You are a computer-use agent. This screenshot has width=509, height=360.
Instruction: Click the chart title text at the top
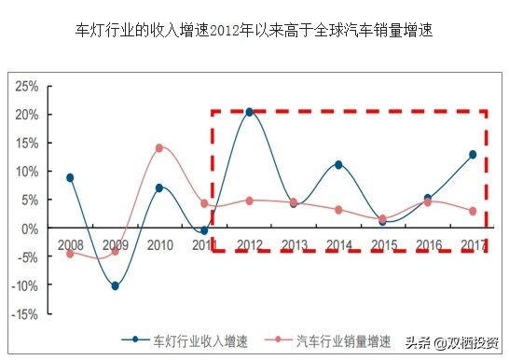(x=254, y=30)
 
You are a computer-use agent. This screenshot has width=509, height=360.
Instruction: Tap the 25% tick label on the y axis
(x=26, y=86)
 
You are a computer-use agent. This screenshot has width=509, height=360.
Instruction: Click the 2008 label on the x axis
(x=70, y=244)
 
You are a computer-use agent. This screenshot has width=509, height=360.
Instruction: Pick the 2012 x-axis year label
(x=250, y=244)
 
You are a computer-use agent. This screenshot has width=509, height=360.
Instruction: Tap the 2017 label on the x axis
(x=473, y=244)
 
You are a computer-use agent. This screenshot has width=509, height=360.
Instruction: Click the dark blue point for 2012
(x=249, y=112)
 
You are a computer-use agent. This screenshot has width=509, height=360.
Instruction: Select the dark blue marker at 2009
(x=115, y=285)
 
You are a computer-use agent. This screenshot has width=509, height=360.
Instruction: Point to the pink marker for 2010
(x=159, y=147)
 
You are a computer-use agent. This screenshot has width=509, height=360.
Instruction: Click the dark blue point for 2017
(x=473, y=154)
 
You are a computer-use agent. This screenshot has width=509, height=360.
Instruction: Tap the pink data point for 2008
(x=70, y=253)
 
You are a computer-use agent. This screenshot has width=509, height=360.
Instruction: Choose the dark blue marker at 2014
(x=338, y=165)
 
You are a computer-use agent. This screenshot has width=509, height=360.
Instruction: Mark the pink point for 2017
(x=473, y=211)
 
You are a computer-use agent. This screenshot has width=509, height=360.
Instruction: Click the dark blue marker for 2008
(x=70, y=177)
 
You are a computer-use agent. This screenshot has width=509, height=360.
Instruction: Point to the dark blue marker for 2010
(x=159, y=187)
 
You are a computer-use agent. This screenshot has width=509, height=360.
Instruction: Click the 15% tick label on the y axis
(x=26, y=143)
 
